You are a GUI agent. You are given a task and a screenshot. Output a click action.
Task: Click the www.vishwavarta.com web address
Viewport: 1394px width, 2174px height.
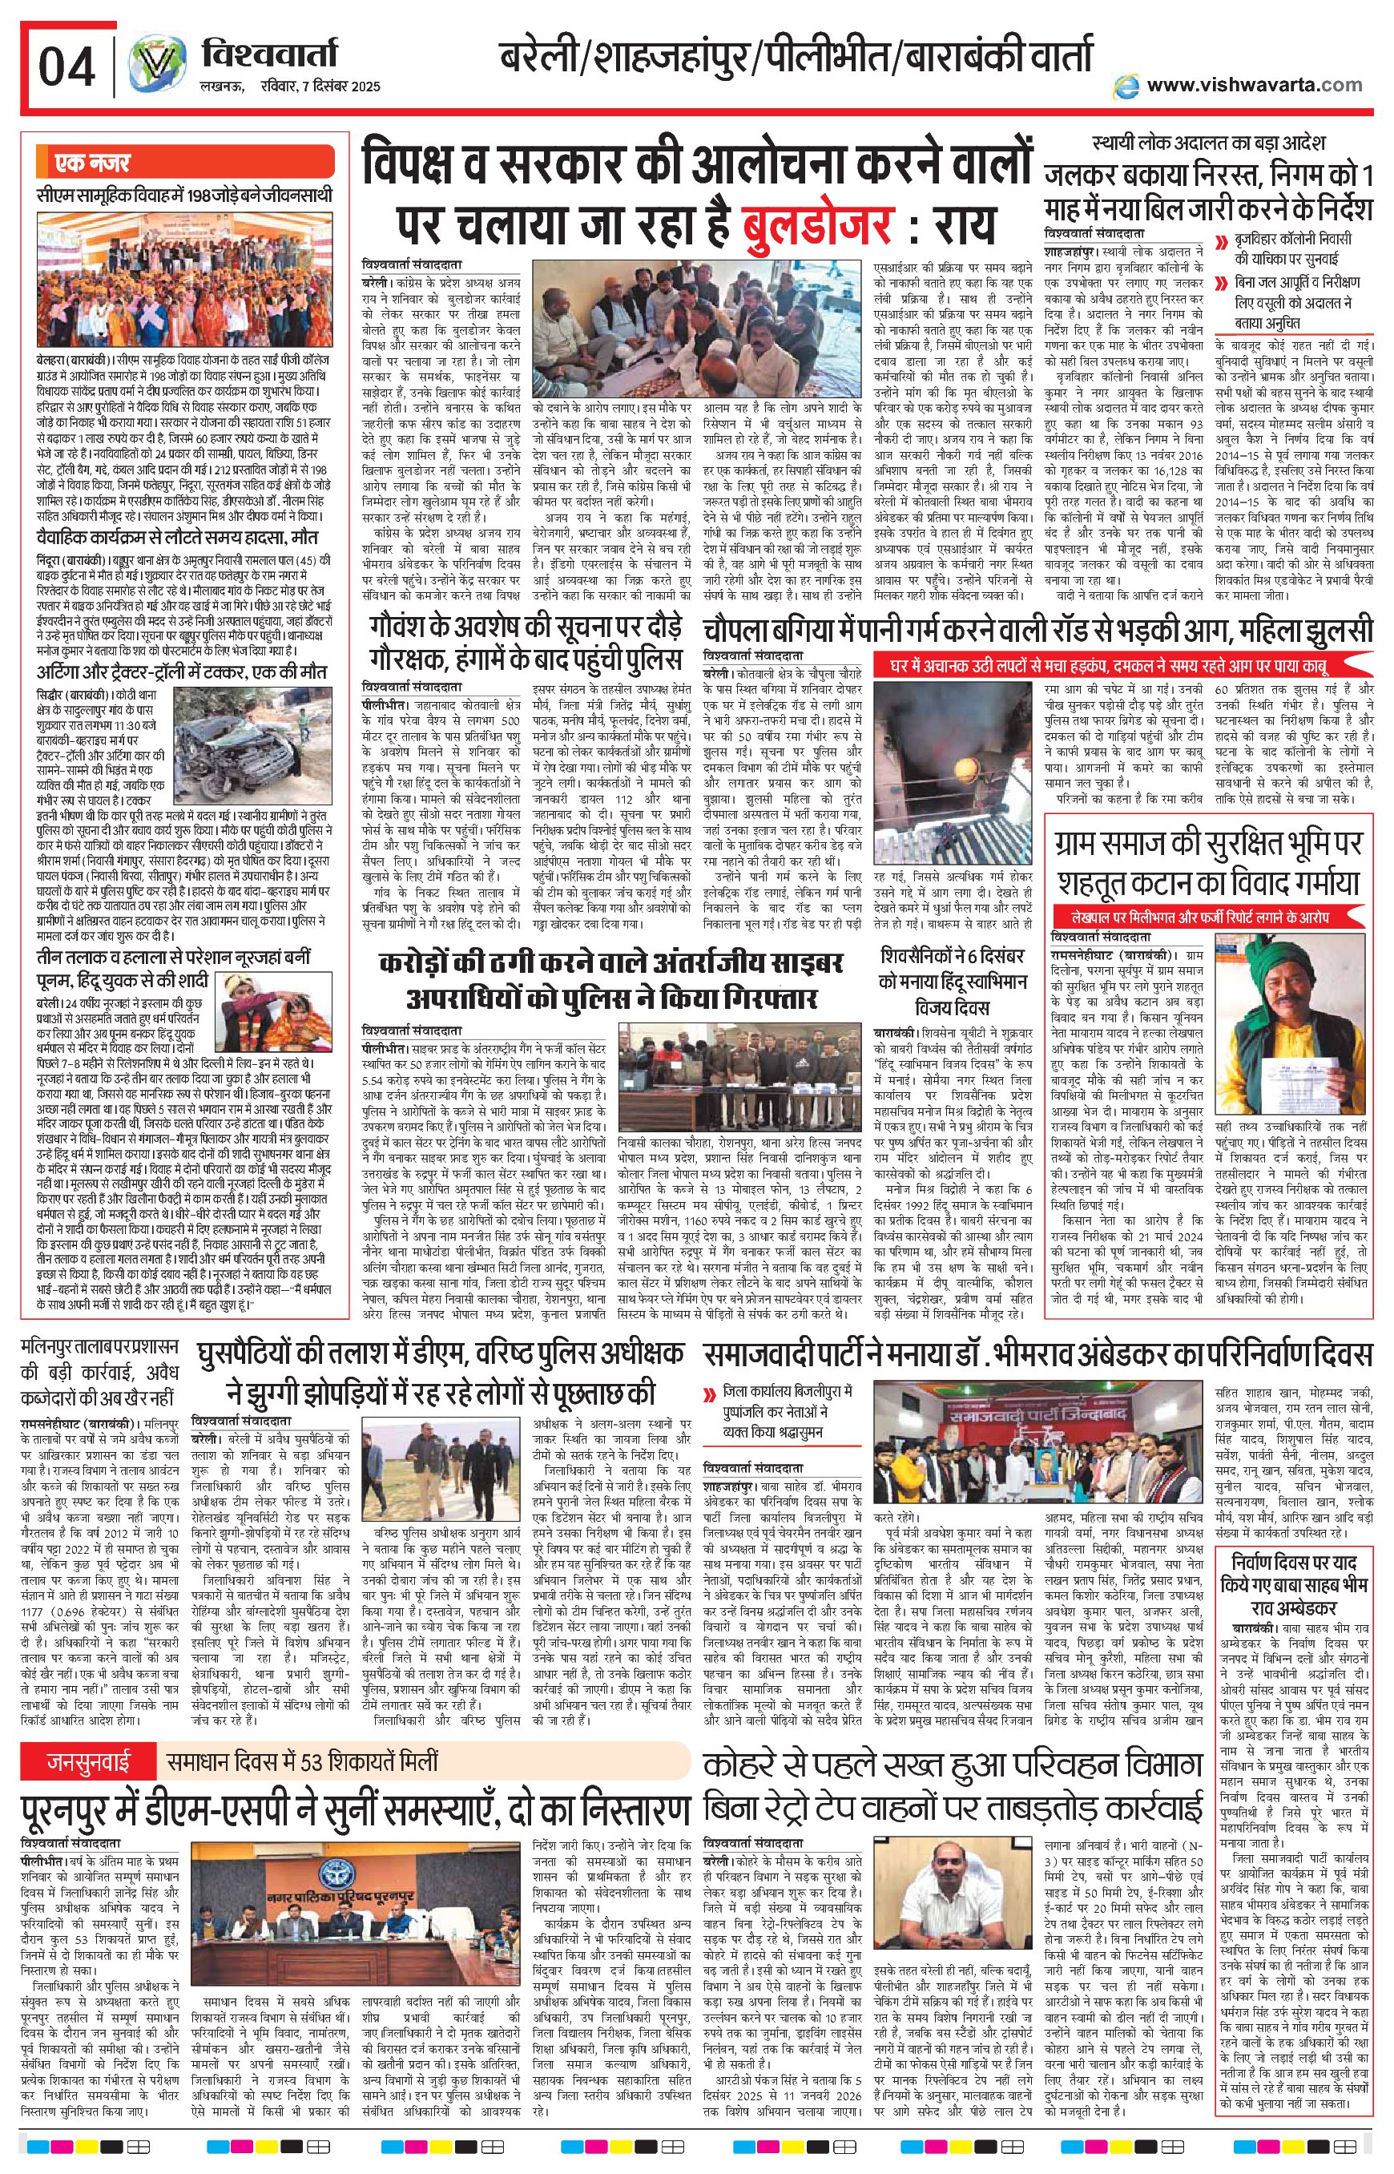pyautogui.click(x=1253, y=84)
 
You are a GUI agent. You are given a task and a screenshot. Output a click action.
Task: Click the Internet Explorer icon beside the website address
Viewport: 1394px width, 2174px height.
pyautogui.click(x=1126, y=84)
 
